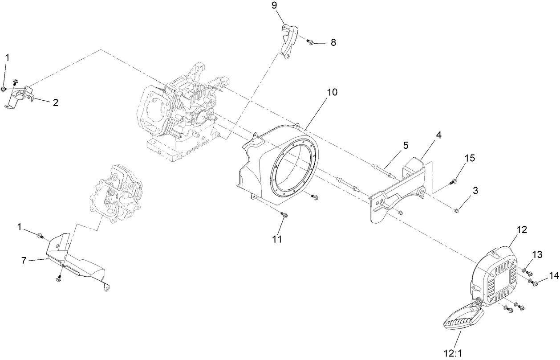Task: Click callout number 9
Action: pyautogui.click(x=274, y=6)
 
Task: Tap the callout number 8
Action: pyautogui.click(x=333, y=43)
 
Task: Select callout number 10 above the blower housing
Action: pyautogui.click(x=333, y=93)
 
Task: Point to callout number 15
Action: pyautogui.click(x=470, y=158)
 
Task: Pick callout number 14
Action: pyautogui.click(x=553, y=276)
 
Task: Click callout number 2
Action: pyautogui.click(x=55, y=102)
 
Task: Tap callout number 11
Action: pyautogui.click(x=277, y=239)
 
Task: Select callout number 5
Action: pyautogui.click(x=406, y=145)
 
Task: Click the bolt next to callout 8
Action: pyautogui.click(x=311, y=42)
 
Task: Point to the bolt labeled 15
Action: pyautogui.click(x=454, y=181)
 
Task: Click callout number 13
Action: pyautogui.click(x=537, y=255)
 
